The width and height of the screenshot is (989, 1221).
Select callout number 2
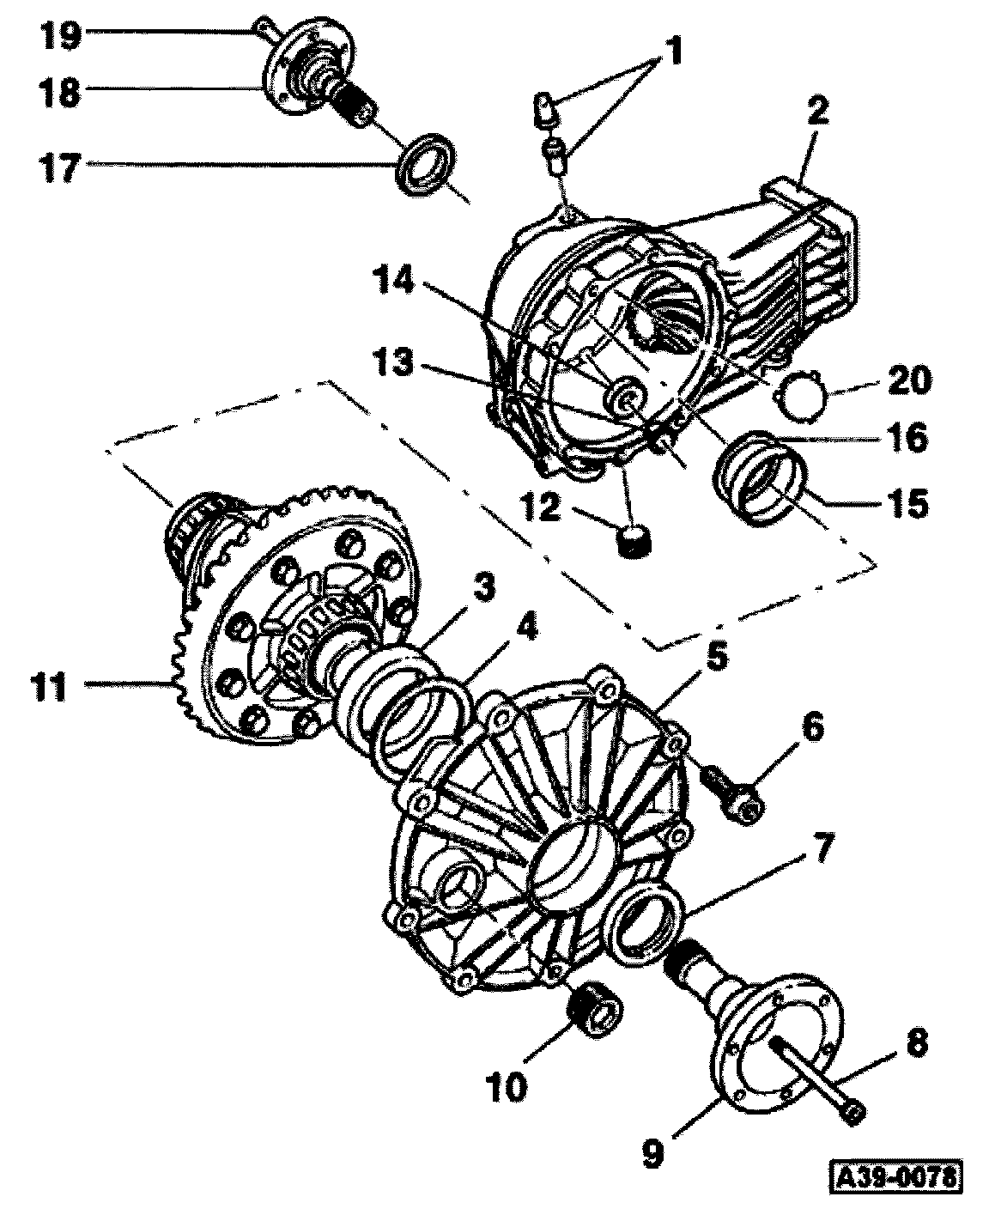pos(816,111)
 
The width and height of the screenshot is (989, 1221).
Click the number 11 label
pos(49,688)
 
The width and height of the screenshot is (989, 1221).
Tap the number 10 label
pos(507,1086)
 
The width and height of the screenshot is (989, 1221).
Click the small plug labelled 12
pos(635,541)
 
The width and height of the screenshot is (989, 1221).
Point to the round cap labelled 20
pos(800,398)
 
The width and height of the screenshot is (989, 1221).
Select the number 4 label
pos(525,631)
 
